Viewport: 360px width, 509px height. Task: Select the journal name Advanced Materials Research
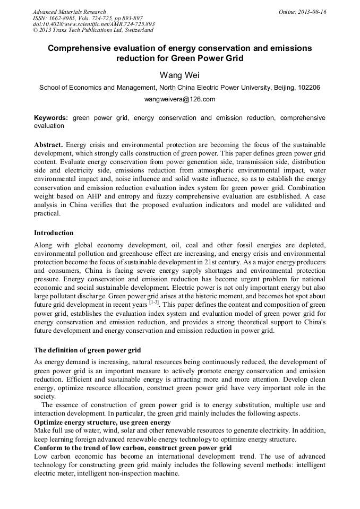tap(69, 12)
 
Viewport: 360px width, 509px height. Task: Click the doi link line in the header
tap(93, 24)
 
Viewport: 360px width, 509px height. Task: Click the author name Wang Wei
tap(179, 75)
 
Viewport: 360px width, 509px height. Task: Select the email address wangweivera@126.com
tap(179, 99)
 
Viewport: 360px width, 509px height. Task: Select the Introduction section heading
tap(54, 233)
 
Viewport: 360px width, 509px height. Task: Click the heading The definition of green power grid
tap(87, 350)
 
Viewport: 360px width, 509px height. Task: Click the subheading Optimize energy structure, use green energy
tap(102, 422)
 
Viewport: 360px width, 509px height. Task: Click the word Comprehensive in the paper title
tap(84, 48)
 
